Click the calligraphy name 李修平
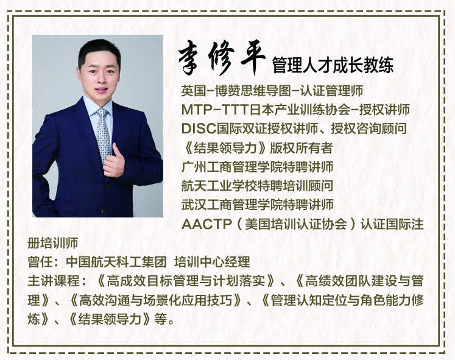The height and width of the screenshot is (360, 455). (222, 58)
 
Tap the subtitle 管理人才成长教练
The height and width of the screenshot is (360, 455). (333, 65)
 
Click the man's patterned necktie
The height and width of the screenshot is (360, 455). (103, 134)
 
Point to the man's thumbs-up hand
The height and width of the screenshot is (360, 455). (114, 161)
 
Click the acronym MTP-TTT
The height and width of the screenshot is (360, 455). (215, 110)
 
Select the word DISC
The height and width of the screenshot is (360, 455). (199, 129)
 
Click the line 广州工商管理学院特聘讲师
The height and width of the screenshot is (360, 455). (258, 167)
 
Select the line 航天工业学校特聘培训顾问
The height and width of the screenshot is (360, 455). (258, 186)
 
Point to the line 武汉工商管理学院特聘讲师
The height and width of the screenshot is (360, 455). (258, 205)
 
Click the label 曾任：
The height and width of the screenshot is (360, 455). (45, 263)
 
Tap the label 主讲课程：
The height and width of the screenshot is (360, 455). (57, 281)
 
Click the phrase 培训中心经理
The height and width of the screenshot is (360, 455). (212, 263)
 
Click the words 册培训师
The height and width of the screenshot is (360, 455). (53, 243)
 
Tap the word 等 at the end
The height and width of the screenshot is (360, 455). (161, 319)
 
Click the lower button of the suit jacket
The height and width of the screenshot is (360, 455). (104, 211)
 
